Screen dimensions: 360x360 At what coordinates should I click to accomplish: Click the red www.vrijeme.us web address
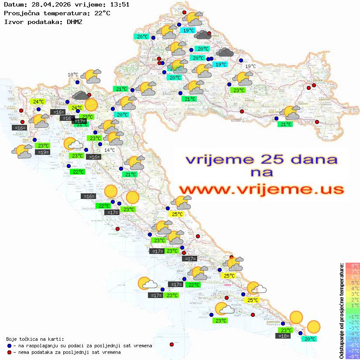coord(261,189)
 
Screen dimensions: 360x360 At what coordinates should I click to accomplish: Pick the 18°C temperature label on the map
coord(73,75)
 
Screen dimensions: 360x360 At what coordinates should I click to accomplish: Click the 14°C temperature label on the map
coord(110,150)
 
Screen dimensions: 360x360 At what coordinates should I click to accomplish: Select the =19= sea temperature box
coord(42,152)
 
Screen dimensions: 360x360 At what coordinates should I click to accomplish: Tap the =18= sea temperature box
coord(283,336)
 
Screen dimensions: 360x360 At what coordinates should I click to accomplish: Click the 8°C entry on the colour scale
coord(353,266)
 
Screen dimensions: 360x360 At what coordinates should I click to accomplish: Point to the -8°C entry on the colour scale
coord(353,356)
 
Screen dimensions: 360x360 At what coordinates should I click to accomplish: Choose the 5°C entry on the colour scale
coord(353,283)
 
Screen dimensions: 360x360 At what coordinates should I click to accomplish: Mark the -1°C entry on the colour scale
coord(353,316)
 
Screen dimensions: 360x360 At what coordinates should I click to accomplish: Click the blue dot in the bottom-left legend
coord(9,346)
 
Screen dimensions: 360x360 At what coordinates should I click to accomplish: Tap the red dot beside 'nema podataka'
coord(9,352)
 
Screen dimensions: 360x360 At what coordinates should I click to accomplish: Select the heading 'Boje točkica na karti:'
coord(35,339)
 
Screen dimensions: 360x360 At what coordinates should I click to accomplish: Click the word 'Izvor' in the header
coord(13,22)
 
